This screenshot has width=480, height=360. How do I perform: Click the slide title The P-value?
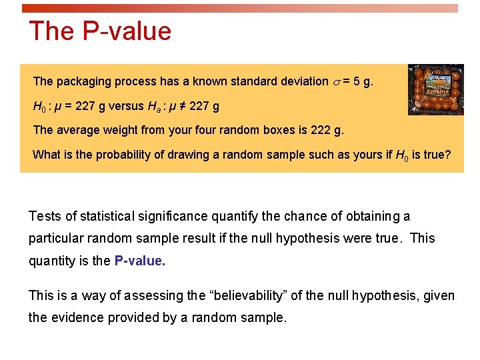tap(100, 31)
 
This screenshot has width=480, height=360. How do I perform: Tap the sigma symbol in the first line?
tap(336, 82)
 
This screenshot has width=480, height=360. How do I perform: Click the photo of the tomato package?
tap(431, 89)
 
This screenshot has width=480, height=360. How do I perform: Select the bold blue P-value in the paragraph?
tap(139, 261)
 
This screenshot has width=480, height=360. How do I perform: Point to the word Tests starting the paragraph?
tap(45, 216)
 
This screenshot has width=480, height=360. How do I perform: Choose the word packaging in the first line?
tap(84, 81)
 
